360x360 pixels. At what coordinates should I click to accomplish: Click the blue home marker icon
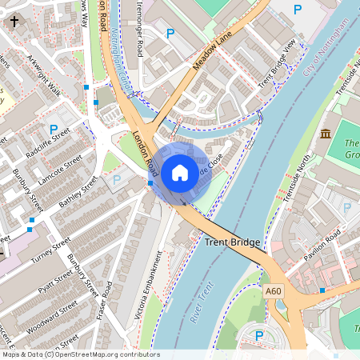180,172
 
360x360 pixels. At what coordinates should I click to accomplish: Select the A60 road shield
274,294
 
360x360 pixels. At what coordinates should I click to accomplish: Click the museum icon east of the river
326,133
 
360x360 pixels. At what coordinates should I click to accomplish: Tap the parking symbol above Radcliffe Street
54,128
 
